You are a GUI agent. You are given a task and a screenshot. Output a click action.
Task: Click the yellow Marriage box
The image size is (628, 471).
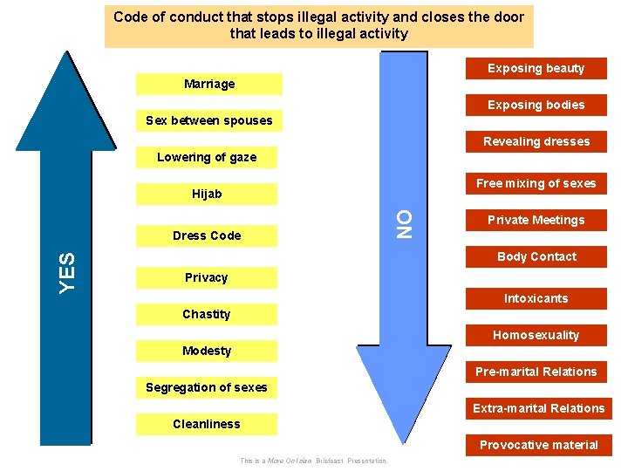click(x=209, y=84)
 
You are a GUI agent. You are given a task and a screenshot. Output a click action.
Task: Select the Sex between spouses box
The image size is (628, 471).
click(x=208, y=120)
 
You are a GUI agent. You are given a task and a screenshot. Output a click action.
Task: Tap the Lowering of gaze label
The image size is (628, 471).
click(x=207, y=157)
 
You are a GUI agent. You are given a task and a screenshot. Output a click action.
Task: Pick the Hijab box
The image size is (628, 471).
click(x=207, y=194)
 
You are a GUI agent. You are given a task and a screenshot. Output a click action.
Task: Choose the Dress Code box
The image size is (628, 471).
click(x=207, y=235)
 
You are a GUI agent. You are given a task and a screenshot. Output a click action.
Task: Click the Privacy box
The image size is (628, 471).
click(x=207, y=277)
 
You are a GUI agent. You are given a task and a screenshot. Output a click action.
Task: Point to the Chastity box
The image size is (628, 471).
click(x=207, y=314)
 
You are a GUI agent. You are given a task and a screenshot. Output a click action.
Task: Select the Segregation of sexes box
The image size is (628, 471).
click(x=207, y=387)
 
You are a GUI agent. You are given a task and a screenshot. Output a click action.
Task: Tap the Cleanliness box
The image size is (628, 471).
click(x=207, y=424)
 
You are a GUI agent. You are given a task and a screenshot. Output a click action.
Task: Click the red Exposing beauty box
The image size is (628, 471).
click(x=536, y=68)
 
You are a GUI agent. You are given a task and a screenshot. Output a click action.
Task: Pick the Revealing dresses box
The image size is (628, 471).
click(x=536, y=141)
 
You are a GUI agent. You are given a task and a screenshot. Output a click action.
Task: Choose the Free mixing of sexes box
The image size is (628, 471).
click(x=536, y=183)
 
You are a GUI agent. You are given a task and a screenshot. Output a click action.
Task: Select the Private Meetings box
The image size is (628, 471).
click(x=536, y=220)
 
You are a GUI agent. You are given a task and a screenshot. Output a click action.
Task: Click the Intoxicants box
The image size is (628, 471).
click(x=536, y=298)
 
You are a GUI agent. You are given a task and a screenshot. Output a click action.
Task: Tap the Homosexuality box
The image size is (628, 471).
click(x=536, y=335)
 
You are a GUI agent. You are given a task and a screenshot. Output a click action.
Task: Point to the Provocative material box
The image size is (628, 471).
click(x=538, y=445)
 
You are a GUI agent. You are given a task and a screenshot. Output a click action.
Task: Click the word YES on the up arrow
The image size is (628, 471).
click(x=66, y=271)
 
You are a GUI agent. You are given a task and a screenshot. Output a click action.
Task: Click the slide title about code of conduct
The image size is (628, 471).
click(x=318, y=25)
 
